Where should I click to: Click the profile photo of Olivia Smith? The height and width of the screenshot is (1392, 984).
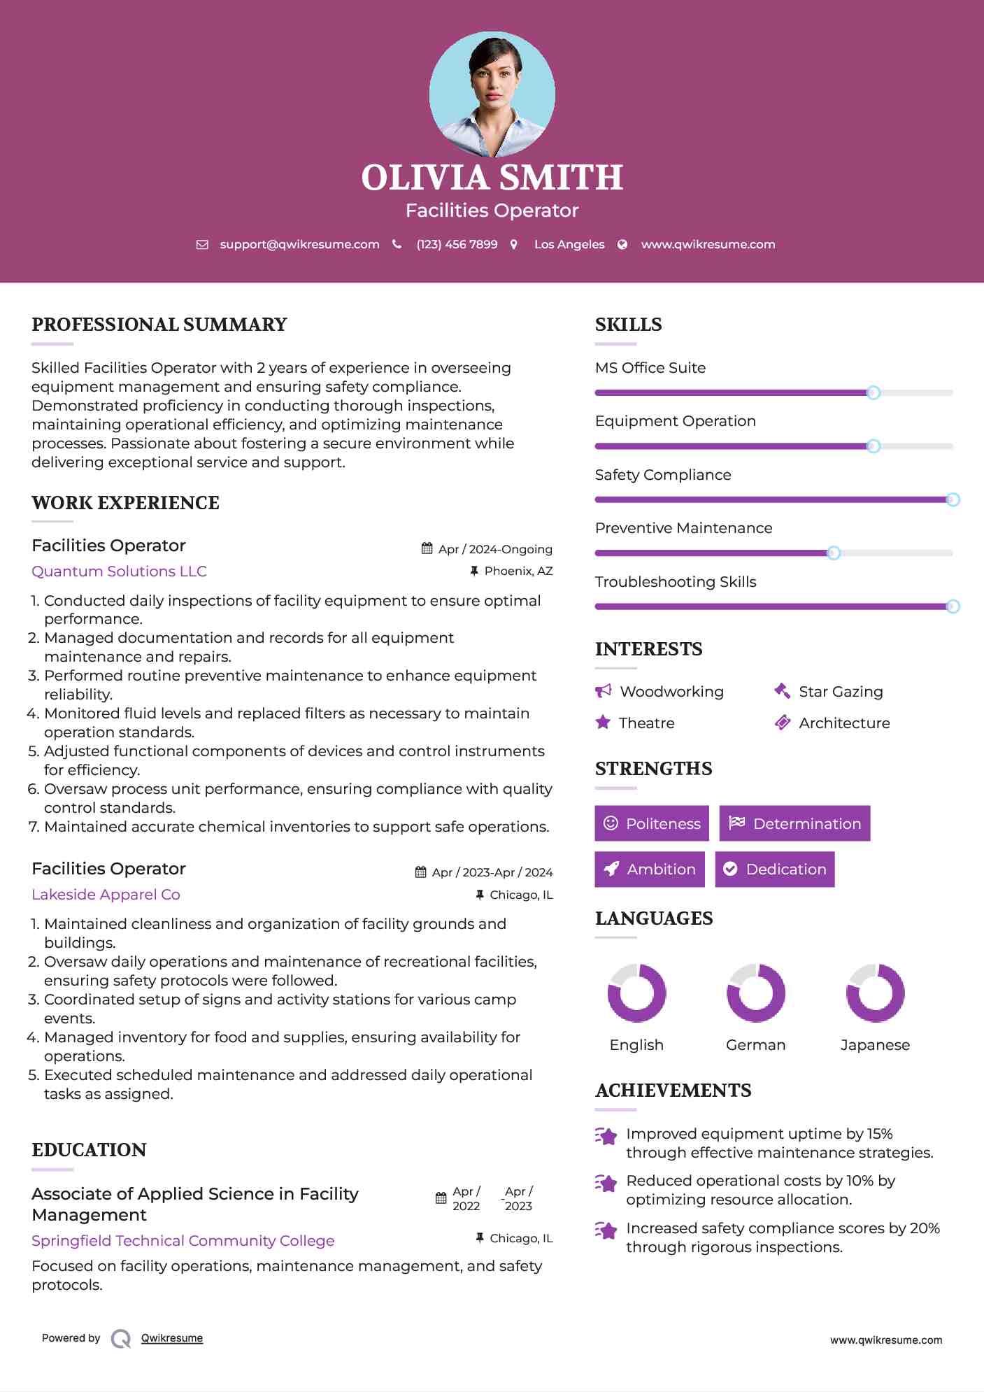pyautogui.click(x=492, y=94)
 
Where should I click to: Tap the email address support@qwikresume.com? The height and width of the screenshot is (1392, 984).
pyautogui.click(x=299, y=244)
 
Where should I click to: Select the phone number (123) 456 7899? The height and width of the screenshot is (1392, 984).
pyautogui.click(x=457, y=244)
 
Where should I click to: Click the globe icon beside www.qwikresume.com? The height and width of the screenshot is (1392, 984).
pyautogui.click(x=622, y=244)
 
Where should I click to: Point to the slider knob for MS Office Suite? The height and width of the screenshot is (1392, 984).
pyautogui.click(x=873, y=393)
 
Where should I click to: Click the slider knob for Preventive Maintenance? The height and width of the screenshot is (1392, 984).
pyautogui.click(x=833, y=553)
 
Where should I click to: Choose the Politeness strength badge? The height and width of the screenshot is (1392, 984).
pyautogui.click(x=651, y=823)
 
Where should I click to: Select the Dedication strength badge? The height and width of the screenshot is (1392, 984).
pyautogui.click(x=774, y=869)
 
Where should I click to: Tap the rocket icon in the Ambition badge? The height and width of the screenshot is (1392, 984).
pyautogui.click(x=611, y=869)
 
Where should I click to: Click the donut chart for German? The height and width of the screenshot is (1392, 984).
pyautogui.click(x=755, y=993)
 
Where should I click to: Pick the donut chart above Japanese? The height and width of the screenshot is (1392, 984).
pyautogui.click(x=875, y=993)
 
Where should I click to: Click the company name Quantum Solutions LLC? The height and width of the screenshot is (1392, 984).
pyautogui.click(x=119, y=571)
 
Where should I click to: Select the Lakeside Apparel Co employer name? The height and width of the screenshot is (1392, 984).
pyautogui.click(x=106, y=895)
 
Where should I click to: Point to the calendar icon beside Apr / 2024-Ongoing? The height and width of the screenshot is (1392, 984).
pyautogui.click(x=427, y=549)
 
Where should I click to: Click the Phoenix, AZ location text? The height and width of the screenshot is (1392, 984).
pyautogui.click(x=518, y=571)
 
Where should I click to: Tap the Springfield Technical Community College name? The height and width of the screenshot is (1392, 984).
pyautogui.click(x=183, y=1241)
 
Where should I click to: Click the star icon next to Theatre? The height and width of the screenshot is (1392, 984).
pyautogui.click(x=603, y=723)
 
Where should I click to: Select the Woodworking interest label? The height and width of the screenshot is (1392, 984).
pyautogui.click(x=671, y=692)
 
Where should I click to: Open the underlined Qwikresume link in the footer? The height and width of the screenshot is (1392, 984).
pyautogui.click(x=172, y=1338)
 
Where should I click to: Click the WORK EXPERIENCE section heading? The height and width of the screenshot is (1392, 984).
pyautogui.click(x=125, y=503)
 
